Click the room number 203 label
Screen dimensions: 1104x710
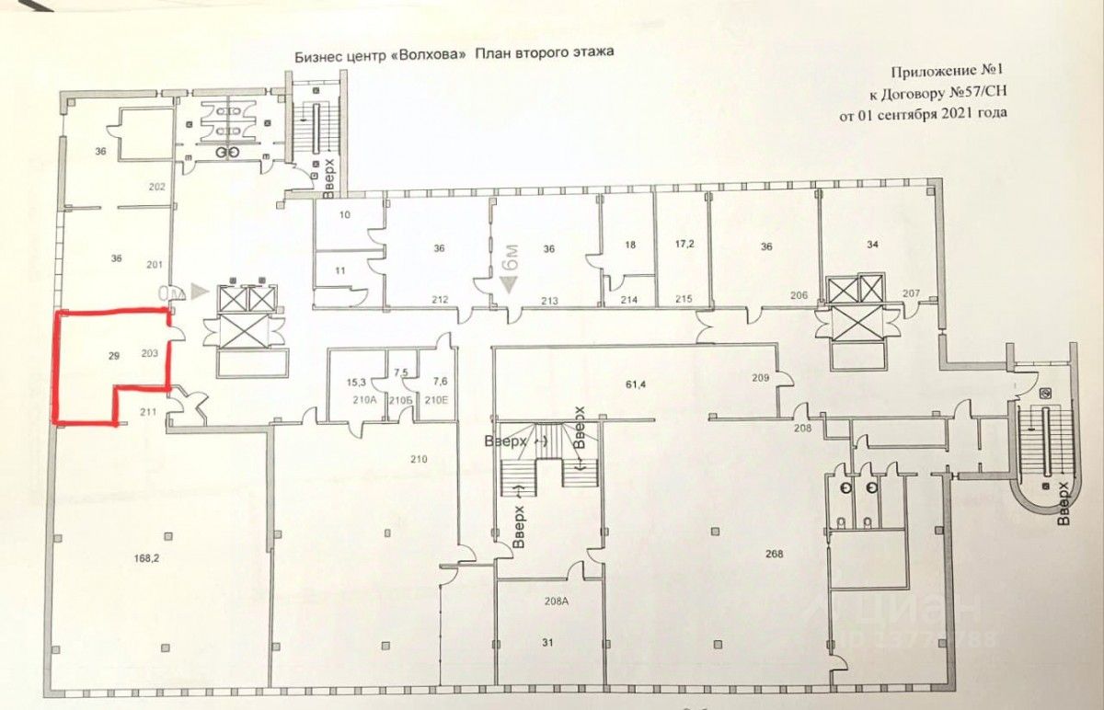point(151,352)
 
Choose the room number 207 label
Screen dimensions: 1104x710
point(911,292)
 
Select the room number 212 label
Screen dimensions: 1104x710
point(440,300)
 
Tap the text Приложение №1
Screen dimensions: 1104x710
point(949,72)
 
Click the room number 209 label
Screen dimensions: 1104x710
point(760,377)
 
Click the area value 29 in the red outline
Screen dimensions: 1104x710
point(114,354)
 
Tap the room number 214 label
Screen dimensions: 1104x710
point(629,301)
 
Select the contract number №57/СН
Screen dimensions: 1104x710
point(979,93)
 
